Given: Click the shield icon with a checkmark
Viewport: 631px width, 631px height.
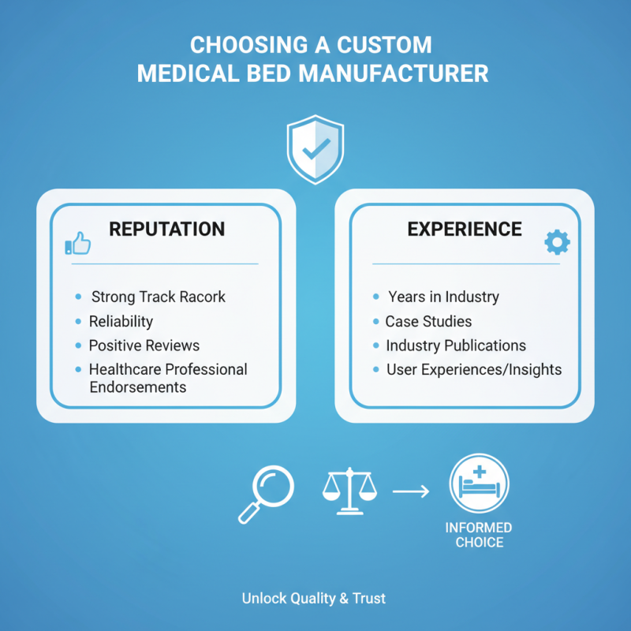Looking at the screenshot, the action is click(315, 149).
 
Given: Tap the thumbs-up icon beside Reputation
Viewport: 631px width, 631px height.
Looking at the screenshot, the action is click(77, 243).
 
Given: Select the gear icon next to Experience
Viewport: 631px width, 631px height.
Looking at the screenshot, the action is click(557, 242).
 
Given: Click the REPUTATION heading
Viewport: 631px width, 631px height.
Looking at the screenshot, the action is click(167, 229).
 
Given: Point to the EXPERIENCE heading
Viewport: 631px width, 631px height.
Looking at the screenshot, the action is click(465, 229).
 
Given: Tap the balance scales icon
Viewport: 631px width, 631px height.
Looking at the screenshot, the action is click(349, 491).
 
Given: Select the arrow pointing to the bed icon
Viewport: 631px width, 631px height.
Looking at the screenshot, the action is click(411, 491).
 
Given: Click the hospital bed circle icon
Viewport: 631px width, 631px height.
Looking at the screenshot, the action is click(479, 484).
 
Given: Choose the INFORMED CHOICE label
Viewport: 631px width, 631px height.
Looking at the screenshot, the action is click(479, 535).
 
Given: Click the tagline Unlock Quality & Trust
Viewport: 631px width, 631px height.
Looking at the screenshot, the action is click(314, 599).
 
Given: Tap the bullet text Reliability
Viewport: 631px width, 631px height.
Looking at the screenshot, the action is click(121, 322).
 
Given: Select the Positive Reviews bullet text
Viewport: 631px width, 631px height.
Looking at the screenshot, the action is click(144, 345).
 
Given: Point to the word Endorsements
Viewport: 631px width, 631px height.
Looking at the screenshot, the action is click(138, 387).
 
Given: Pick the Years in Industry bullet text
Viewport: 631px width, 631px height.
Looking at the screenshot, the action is click(443, 297).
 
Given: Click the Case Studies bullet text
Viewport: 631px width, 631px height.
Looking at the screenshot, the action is click(428, 322).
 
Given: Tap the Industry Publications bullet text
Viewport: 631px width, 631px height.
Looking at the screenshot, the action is click(456, 345).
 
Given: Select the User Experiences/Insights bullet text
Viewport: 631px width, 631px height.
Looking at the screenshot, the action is click(474, 370).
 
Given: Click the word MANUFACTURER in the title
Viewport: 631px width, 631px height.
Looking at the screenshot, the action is click(394, 73).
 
